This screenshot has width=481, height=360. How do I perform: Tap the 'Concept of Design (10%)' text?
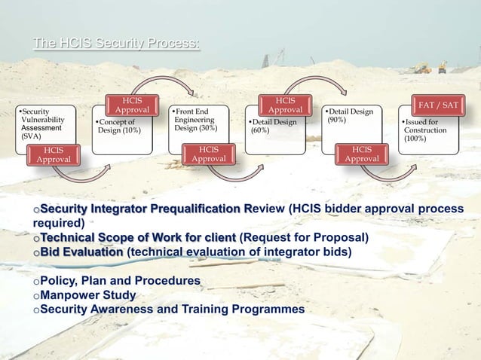click(115, 126)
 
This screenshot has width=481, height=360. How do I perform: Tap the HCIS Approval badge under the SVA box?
click(54, 155)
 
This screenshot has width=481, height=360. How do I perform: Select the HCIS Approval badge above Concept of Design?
click(132, 105)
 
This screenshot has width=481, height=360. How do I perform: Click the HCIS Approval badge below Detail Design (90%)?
click(362, 154)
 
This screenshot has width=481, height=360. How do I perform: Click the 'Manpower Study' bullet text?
click(87, 294)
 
